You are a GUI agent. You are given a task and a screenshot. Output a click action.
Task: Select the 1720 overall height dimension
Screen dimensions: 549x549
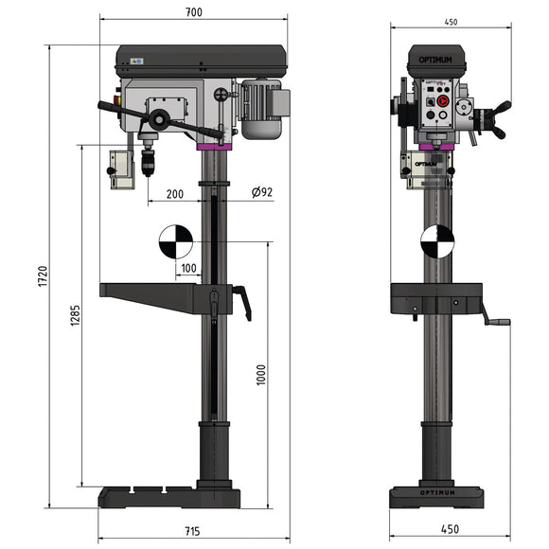pos(43,276)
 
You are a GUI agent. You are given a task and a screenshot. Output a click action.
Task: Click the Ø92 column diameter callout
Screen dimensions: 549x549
pos(262,192)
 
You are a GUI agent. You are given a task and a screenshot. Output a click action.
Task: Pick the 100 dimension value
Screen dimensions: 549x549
pos(188,269)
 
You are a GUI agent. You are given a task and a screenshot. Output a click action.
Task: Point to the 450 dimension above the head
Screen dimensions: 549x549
pos(450,21)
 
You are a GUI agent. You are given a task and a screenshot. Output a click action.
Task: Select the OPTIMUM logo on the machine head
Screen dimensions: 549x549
pos(436,61)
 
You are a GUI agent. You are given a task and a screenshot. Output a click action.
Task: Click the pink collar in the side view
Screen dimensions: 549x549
pos(212,146)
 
